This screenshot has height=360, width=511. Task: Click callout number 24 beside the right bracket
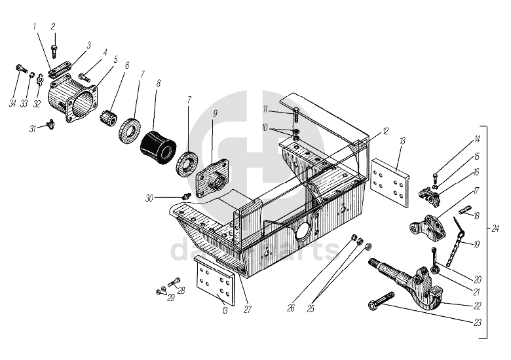495,228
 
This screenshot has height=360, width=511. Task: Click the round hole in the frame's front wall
303,234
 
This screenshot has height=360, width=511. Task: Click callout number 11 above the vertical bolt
265,108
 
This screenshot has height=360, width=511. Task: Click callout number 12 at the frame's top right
386,132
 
